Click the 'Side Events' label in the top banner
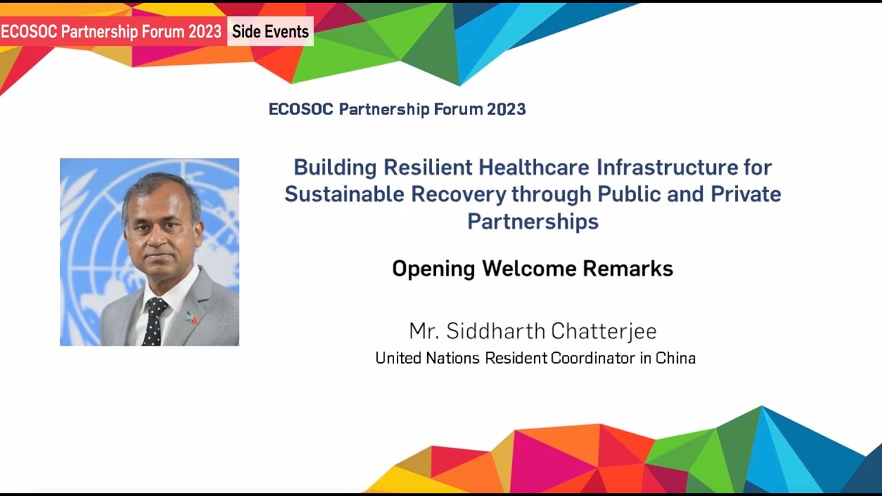[x=270, y=32]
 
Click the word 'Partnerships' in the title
[x=533, y=221]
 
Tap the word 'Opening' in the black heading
[x=433, y=269]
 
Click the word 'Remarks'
[x=628, y=268]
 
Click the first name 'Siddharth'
[x=495, y=331]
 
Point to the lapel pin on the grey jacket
[x=191, y=318]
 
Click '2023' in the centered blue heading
[x=506, y=109]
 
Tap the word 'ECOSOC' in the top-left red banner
[x=28, y=32]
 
